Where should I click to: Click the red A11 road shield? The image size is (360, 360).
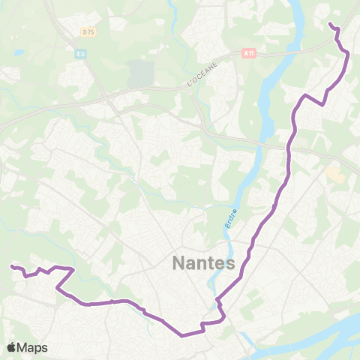coord(248,53)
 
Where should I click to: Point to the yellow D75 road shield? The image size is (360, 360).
coord(89,31)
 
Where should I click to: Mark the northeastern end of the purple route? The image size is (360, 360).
coord(331,25)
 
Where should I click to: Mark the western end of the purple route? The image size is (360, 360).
coord(12,266)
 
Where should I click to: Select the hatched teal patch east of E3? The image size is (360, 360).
coord(139,73)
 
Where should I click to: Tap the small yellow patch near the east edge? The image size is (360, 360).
coord(333,173)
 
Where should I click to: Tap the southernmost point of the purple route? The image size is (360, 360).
coord(182,335)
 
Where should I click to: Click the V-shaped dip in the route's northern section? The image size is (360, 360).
coord(322,104)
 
